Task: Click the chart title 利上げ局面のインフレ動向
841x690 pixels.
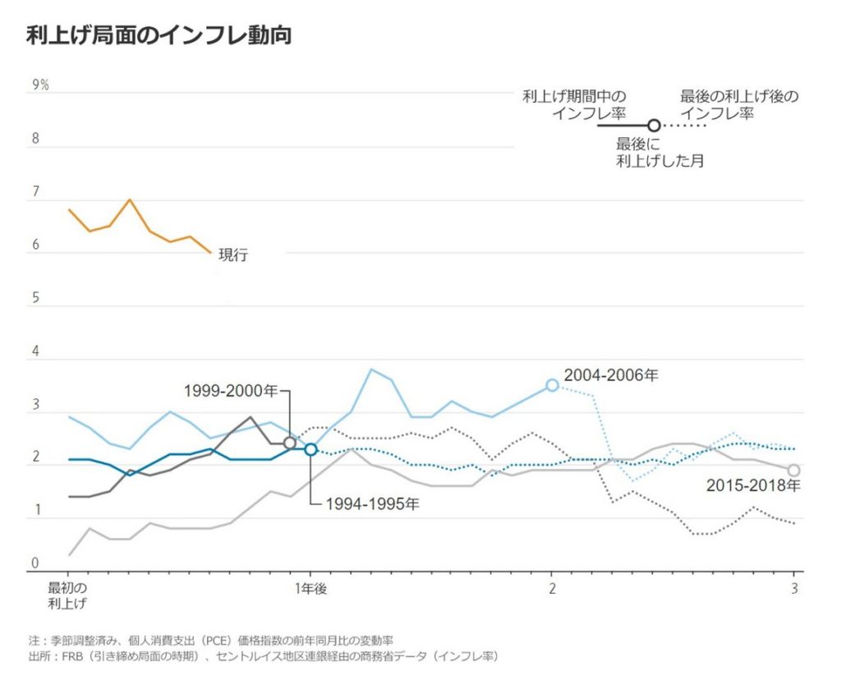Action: coord(159,35)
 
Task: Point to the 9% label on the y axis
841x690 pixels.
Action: coord(40,85)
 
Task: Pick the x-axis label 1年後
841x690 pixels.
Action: coord(310,589)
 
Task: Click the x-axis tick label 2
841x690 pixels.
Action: coord(552,589)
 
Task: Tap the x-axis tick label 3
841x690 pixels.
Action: coord(794,589)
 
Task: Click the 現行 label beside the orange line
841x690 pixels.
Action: coord(233,255)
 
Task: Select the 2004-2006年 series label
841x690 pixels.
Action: coord(611,375)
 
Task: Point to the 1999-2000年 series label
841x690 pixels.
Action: coord(231,391)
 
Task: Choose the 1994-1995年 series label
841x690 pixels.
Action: coord(371,504)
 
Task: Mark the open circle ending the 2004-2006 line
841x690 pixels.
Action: coord(553,385)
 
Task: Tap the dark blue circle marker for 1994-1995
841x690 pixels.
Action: coord(310,449)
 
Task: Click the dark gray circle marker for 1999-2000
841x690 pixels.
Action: coord(290,444)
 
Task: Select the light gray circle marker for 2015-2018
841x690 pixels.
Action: coord(793,470)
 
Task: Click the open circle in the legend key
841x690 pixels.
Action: coord(654,126)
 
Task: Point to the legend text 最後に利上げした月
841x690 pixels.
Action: coord(659,152)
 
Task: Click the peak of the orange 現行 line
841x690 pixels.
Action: coord(129,200)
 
